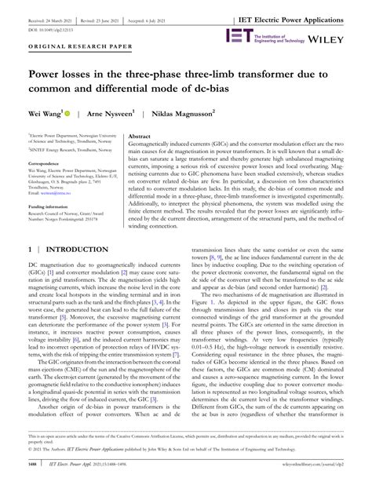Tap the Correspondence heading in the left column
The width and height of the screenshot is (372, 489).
49,164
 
